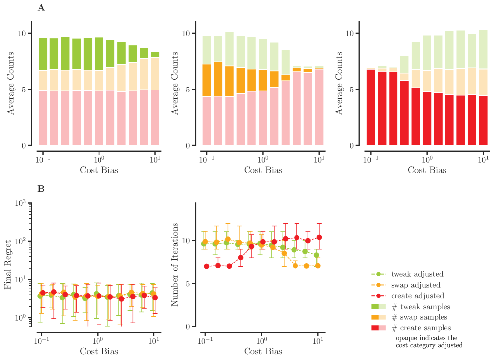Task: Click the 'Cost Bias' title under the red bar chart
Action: pyautogui.click(x=427, y=170)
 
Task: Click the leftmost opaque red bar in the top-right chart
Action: pyautogui.click(x=371, y=107)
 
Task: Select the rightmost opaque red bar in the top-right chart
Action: pyautogui.click(x=483, y=120)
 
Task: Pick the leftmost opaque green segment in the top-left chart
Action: pyautogui.click(x=43, y=54)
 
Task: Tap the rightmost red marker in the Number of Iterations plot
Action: pyautogui.click(x=319, y=237)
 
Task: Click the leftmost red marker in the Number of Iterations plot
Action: pyautogui.click(x=206, y=266)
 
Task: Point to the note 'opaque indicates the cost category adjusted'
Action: pyautogui.click(x=429, y=341)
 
